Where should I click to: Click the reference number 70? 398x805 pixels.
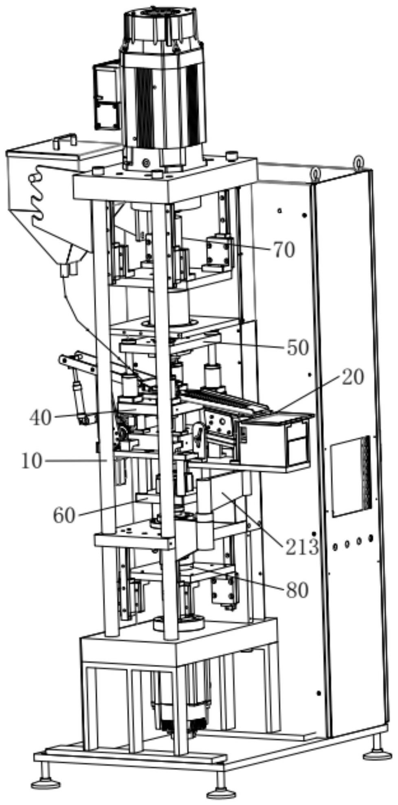(x=284, y=250)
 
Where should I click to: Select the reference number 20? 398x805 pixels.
(x=352, y=378)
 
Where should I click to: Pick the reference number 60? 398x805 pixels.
(x=64, y=515)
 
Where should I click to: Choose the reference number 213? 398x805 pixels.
(x=301, y=547)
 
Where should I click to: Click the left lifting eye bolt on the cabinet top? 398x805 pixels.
(x=316, y=173)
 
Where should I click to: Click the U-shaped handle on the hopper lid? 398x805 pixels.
(x=64, y=140)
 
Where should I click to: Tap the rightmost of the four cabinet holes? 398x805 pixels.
(x=370, y=539)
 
